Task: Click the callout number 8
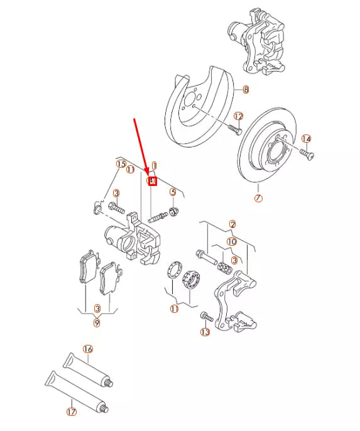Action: (246, 90)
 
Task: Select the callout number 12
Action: (238, 116)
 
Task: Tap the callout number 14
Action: (306, 139)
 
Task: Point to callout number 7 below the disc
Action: (258, 199)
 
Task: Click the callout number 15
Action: (121, 164)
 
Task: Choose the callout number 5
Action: (173, 192)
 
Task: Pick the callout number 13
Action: (205, 331)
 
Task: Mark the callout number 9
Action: (97, 323)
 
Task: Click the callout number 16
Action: (88, 349)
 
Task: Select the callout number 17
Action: (71, 412)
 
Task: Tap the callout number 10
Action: (232, 241)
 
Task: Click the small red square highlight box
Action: (151, 181)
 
